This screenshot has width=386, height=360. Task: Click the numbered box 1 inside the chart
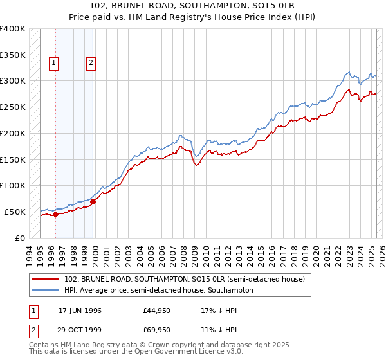tap(53, 63)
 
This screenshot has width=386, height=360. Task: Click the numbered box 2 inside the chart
tap(91, 63)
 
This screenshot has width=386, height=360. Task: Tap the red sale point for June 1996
tap(55, 215)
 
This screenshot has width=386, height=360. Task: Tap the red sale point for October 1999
tap(93, 201)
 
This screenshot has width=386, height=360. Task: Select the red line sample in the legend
tap(46, 278)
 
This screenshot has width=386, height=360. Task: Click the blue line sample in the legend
tap(46, 290)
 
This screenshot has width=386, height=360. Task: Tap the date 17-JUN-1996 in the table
tap(80, 310)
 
